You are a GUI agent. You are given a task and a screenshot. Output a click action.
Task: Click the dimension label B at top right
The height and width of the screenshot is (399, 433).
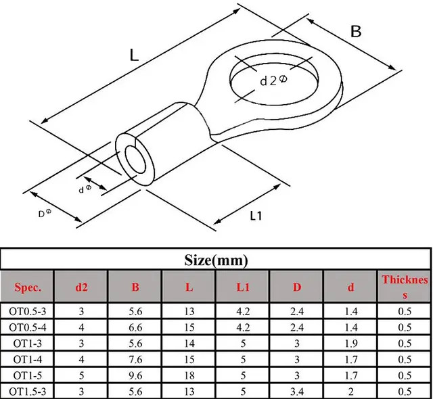[357, 31]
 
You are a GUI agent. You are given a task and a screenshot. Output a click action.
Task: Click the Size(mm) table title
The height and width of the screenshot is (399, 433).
[216, 260]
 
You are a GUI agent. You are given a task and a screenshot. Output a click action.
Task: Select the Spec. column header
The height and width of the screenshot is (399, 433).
[28, 287]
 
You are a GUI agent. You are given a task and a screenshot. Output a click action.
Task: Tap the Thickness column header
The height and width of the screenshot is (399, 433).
[405, 287]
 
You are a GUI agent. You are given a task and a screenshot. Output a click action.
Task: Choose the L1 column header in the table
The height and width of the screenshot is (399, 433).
[243, 287]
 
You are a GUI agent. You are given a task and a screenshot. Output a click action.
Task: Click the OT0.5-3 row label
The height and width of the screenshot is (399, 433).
[28, 311]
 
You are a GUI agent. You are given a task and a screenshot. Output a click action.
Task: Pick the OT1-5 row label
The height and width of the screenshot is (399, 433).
[28, 376]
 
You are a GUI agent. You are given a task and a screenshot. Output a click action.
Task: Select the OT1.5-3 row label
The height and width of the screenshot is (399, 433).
[28, 392]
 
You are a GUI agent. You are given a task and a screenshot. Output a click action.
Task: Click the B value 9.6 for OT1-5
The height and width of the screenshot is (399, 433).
[135, 376]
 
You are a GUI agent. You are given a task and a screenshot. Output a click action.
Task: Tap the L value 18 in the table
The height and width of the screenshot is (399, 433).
[189, 376]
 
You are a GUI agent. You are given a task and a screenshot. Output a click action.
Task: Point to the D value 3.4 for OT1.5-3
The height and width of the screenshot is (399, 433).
[296, 392]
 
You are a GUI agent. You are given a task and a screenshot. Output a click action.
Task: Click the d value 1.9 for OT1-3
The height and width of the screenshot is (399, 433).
[350, 344]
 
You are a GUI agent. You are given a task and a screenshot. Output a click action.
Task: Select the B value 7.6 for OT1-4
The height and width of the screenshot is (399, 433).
[135, 360]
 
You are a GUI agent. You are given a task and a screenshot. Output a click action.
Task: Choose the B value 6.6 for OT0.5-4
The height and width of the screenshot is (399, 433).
[135, 327]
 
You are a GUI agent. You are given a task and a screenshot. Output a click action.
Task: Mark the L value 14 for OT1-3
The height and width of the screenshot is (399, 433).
[189, 344]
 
